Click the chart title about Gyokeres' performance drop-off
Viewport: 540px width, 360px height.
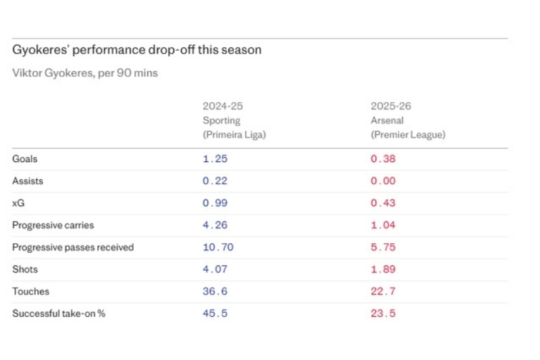point(137,51)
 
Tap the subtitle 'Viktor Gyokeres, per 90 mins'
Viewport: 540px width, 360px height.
point(85,73)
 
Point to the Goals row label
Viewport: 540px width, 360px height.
point(25,159)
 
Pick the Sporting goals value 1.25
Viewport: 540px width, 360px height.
point(215,159)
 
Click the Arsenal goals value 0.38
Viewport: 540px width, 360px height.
point(383,159)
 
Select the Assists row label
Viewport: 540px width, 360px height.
point(28,182)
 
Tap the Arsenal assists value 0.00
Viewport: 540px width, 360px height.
point(383,182)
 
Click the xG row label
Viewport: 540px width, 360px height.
point(19,203)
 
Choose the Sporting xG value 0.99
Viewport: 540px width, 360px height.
point(215,203)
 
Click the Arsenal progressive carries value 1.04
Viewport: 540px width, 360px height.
point(383,226)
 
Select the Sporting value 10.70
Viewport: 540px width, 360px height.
point(218,248)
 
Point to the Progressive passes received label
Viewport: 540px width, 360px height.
point(73,248)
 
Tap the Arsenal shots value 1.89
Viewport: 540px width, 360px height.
point(383,269)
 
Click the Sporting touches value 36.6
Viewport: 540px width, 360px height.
point(215,292)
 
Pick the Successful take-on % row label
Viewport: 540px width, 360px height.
point(59,314)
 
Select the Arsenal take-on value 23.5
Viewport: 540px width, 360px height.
point(383,314)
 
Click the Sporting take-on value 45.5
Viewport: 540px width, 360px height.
point(215,314)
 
